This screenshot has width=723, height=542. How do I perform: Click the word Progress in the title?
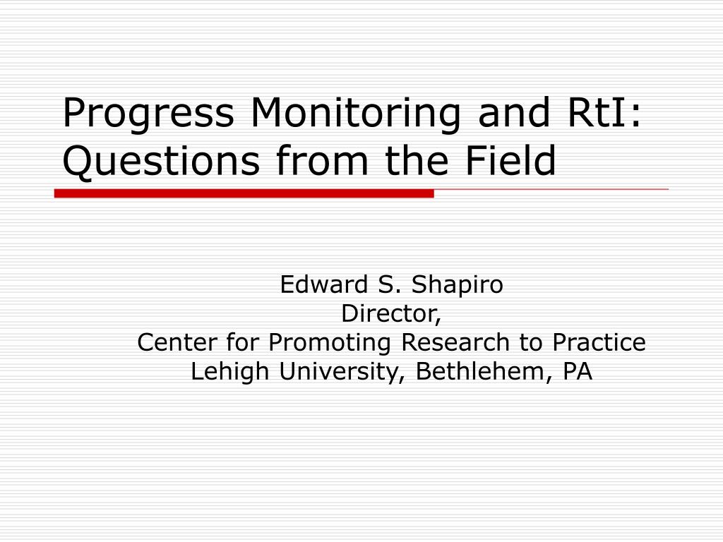tap(148, 114)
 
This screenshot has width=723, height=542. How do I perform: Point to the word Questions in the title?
tap(162, 162)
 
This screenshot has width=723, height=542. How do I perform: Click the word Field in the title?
tap(510, 160)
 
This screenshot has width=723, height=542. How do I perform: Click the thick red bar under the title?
tap(244, 193)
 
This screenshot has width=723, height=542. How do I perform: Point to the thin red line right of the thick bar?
tap(551, 189)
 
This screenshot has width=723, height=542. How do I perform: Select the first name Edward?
tap(323, 284)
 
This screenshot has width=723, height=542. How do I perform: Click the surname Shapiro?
tap(457, 286)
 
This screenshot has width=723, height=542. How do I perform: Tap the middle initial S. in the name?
tap(389, 284)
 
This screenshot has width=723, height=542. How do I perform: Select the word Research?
tap(455, 342)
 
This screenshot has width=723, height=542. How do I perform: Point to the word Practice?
tap(599, 342)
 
